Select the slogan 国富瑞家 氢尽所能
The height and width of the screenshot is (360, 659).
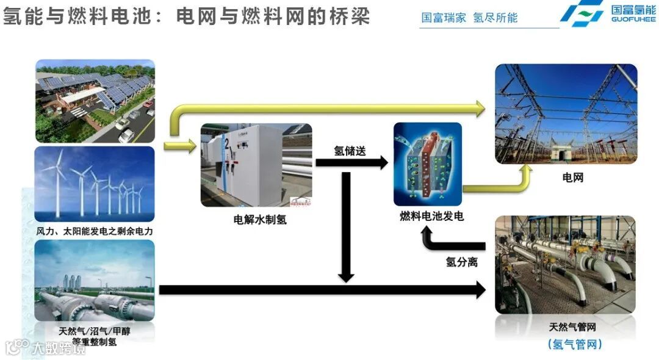coord(469,18)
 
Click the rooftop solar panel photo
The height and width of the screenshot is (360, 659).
coord(95,101)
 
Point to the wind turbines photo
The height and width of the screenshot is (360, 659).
coord(95,184)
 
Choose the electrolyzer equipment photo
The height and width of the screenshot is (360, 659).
coord(256,165)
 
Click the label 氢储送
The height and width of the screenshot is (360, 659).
coord(350,150)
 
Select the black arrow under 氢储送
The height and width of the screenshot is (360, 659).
coord(351,163)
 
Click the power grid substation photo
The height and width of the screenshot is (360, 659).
coord(566,114)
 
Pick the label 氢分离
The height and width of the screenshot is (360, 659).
coord(461,262)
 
